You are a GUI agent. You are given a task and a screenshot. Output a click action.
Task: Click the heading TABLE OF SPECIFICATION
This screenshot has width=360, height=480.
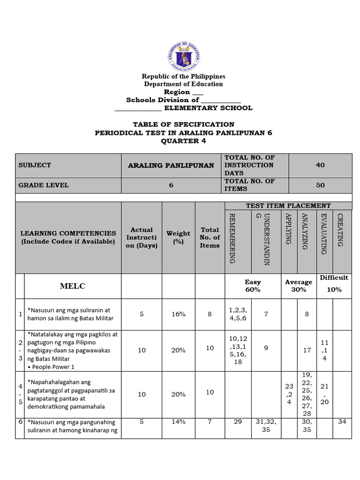(183, 124)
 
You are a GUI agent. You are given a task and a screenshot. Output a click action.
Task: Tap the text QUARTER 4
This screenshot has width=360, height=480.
(183, 141)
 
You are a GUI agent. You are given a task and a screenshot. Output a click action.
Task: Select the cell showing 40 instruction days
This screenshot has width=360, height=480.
(320, 165)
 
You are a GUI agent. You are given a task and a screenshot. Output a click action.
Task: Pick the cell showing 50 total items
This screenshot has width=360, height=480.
(320, 185)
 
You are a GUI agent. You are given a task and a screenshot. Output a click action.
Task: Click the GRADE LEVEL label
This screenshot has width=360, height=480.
(44, 185)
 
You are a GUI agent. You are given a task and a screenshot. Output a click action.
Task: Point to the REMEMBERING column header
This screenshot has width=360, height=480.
(232, 238)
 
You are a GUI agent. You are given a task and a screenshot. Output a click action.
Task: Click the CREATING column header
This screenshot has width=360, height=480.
(341, 230)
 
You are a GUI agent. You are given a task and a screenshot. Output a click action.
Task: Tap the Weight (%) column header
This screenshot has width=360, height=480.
(178, 238)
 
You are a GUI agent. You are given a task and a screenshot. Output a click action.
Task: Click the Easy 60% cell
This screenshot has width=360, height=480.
(253, 286)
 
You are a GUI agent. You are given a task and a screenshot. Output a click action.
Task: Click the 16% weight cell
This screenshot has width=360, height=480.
(178, 315)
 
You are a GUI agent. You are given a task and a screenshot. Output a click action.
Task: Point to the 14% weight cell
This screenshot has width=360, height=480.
(178, 421)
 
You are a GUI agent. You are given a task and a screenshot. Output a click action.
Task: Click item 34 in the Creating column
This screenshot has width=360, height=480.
(342, 421)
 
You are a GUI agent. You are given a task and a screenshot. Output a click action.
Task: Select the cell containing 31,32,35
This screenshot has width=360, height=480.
(266, 426)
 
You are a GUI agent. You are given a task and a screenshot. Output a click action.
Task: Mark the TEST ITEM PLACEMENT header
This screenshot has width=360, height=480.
(288, 206)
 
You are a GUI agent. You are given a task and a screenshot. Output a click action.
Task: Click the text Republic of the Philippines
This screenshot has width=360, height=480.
(183, 76)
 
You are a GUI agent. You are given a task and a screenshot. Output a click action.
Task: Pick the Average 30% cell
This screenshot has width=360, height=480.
(299, 286)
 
